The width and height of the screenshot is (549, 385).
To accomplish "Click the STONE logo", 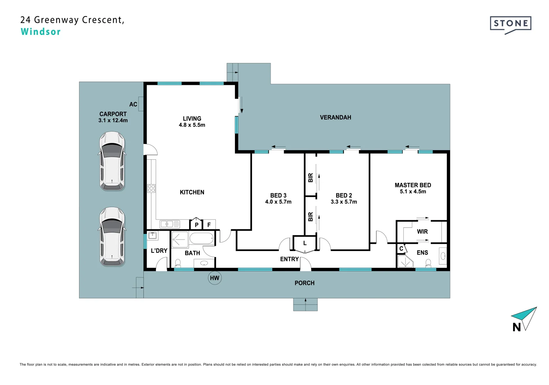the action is (511, 25).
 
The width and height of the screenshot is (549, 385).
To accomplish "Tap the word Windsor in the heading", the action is (41, 32).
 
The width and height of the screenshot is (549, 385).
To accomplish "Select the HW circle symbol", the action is (215, 278).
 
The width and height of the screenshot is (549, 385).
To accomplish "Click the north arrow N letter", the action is (516, 327).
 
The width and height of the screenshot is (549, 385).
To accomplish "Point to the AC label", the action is (133, 104).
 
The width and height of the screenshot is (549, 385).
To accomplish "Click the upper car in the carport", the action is (112, 161).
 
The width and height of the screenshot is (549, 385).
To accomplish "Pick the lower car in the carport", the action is (112, 236).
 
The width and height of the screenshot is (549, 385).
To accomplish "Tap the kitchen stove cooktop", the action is (151, 188).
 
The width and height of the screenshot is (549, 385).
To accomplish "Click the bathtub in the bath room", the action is (202, 238).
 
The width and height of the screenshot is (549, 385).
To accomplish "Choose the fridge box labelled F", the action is (209, 224).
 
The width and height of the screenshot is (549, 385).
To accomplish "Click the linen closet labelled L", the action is (305, 243).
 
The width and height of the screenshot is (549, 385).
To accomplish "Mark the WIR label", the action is (422, 231).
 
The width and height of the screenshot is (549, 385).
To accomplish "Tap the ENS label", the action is (422, 252).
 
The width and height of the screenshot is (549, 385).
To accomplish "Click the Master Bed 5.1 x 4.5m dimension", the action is (413, 191).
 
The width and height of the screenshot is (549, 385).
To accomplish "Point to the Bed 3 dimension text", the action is (278, 202).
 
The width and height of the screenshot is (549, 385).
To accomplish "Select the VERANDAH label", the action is (335, 117).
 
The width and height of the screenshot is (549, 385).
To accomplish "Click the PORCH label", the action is (304, 283).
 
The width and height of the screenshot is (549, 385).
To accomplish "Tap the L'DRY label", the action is (159, 251).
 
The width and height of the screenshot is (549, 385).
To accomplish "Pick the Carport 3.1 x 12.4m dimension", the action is (113, 120).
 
